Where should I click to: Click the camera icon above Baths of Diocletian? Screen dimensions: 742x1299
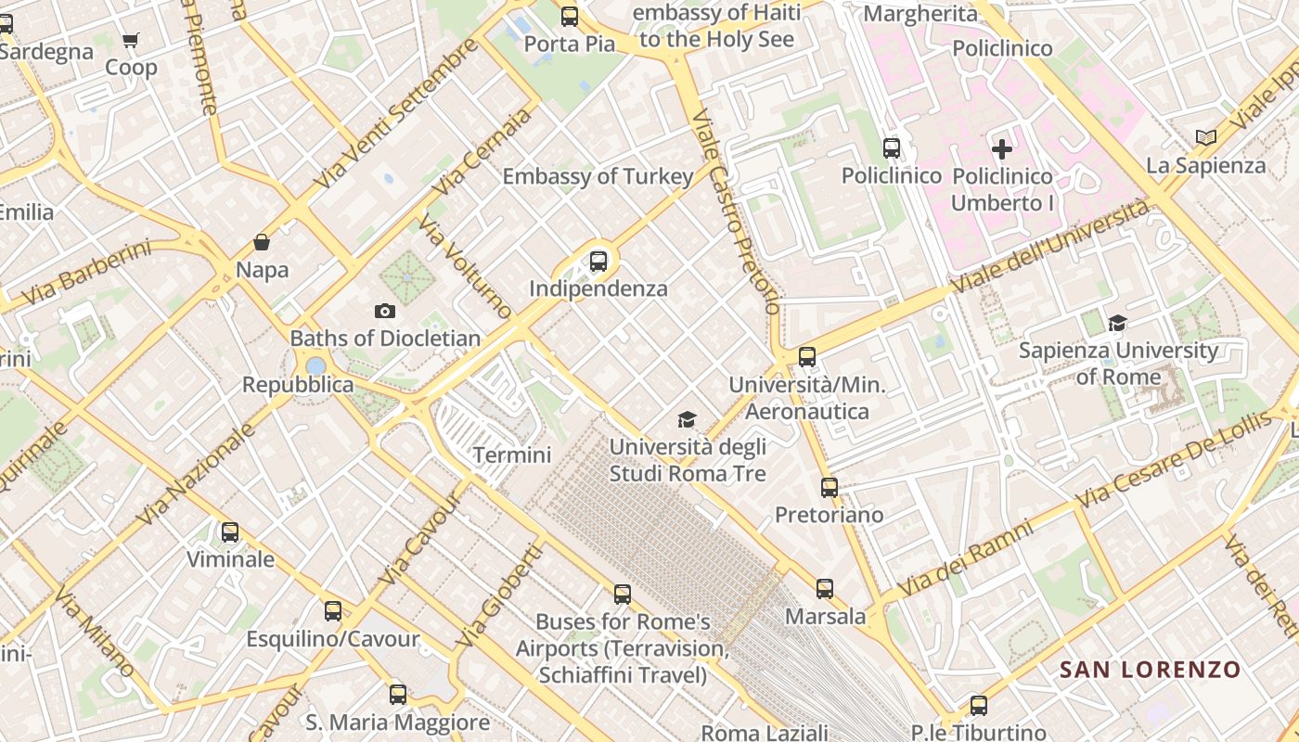[x=384, y=311]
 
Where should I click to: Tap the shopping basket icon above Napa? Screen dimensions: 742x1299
[x=263, y=243]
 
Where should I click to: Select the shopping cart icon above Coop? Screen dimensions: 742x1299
[x=131, y=40]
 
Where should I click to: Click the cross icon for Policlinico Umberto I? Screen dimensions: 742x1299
[x=1002, y=148]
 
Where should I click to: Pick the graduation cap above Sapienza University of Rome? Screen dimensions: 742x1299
[x=1117, y=324]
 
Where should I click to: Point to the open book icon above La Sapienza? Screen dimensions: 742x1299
[x=1205, y=138]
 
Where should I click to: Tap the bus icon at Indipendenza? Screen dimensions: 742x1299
[x=598, y=262]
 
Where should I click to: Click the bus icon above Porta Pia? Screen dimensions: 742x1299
[x=570, y=17]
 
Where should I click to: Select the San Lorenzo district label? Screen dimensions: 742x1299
[x=1150, y=670]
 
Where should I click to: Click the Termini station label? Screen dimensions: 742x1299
[x=512, y=455]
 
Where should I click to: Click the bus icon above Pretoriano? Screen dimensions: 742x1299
[x=830, y=487]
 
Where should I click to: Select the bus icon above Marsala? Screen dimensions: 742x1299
[x=825, y=589]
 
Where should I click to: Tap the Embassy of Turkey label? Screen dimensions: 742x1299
[x=598, y=176]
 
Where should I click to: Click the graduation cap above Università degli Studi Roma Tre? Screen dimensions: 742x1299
[x=687, y=420]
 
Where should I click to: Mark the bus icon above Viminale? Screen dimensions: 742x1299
[x=230, y=532]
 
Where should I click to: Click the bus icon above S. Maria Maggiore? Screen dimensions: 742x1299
[x=398, y=695]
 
